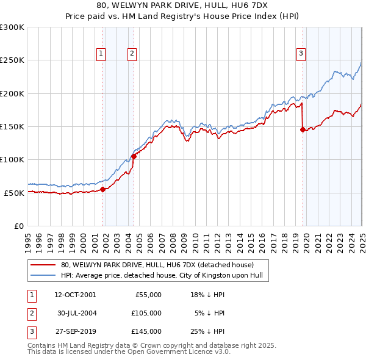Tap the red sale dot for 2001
click(x=103, y=189)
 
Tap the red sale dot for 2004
click(x=134, y=156)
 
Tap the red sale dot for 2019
click(x=303, y=129)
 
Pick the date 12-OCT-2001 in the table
click(x=75, y=295)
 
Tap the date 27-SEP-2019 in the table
click(x=75, y=331)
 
